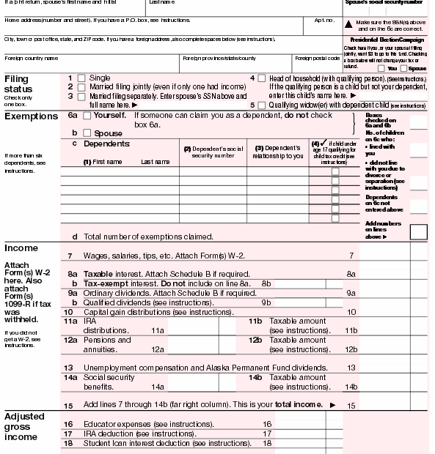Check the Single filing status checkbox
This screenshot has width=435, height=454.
(x=81, y=78)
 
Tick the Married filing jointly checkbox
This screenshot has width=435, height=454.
(x=81, y=86)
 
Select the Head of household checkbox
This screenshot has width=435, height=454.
(x=263, y=78)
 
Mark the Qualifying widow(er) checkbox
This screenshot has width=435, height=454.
(x=263, y=105)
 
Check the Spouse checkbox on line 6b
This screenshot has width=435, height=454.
(x=87, y=133)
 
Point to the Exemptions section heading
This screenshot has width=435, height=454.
(x=31, y=116)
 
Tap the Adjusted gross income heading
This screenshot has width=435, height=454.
(x=25, y=426)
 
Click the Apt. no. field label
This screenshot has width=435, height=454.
(x=323, y=21)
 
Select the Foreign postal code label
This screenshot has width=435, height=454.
(x=317, y=58)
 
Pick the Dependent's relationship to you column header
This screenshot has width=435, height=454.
(x=278, y=152)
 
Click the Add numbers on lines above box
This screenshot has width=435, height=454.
(x=418, y=232)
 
